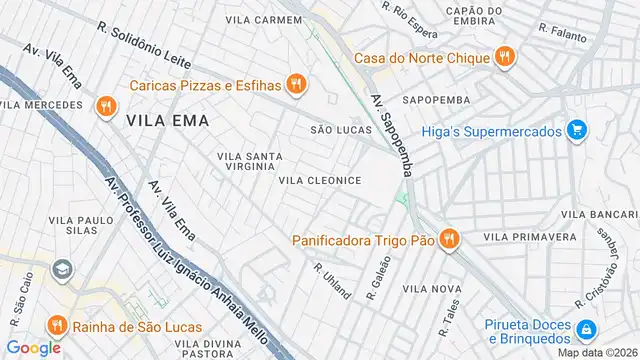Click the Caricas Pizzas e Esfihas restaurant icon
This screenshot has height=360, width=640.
click(295, 85)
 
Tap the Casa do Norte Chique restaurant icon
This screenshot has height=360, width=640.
click(505, 57)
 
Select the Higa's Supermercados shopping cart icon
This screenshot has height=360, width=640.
click(575, 129)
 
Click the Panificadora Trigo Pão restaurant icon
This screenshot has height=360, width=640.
click(449, 239)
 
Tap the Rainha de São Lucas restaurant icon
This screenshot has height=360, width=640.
click(56, 326)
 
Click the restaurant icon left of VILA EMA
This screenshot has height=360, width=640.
click(105, 106)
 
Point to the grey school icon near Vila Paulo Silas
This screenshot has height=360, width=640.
click(62, 270)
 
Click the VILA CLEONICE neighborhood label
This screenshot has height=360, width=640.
click(319, 181)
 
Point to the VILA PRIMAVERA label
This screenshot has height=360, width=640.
click(530, 237)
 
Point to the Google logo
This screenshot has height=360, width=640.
click(33, 347)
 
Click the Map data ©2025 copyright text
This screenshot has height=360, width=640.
click(597, 352)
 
